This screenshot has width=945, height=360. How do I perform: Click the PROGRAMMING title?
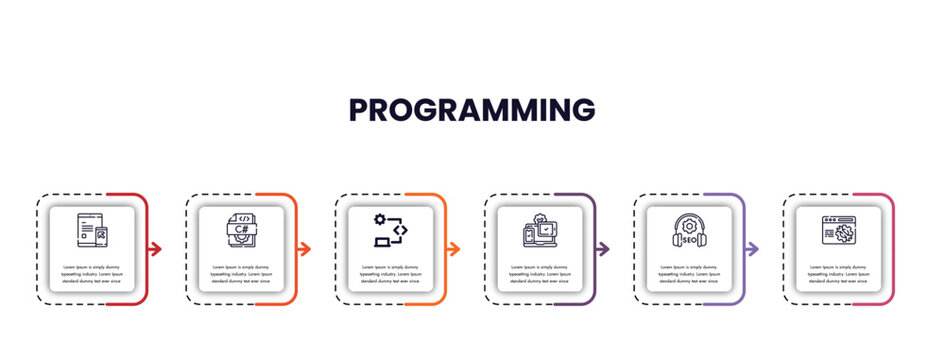tap(472, 109)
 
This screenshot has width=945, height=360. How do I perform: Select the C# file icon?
tap(241, 231)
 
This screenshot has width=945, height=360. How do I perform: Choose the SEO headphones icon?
tap(690, 231)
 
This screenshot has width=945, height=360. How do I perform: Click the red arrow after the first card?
tap(155, 249)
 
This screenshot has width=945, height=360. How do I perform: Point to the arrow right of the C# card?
tap(304, 249)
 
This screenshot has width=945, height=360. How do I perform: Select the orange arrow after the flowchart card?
tap(454, 249)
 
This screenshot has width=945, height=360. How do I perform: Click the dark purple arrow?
tap(603, 249)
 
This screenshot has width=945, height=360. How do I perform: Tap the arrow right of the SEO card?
tap(753, 249)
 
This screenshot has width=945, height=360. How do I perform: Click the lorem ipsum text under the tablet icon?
tap(92, 274)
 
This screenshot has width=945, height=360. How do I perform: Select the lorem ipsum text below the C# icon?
tap(241, 274)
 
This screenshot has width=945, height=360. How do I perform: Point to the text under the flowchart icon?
tap(391, 274)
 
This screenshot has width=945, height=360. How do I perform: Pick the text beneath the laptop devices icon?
tap(540, 274)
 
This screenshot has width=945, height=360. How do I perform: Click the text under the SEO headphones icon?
tap(690, 274)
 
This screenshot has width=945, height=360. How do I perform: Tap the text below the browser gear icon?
tap(839, 274)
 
